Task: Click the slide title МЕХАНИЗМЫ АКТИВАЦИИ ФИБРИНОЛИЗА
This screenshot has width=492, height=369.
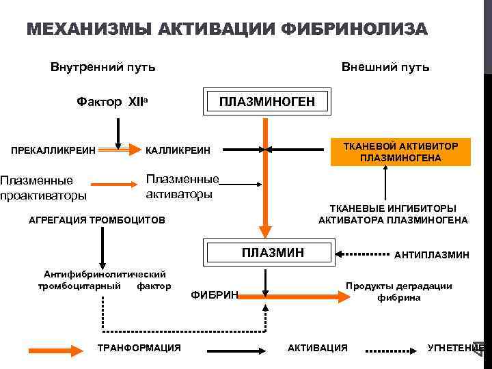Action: pyautogui.click(x=226, y=29)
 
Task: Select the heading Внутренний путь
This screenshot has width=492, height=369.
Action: pyautogui.click(x=102, y=67)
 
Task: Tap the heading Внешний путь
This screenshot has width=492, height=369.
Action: pyautogui.click(x=385, y=67)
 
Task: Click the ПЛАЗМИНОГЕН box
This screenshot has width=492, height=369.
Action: pyautogui.click(x=266, y=102)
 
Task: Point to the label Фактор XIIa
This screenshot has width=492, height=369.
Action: pyautogui.click(x=113, y=102)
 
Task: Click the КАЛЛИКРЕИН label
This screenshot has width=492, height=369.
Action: pyautogui.click(x=179, y=150)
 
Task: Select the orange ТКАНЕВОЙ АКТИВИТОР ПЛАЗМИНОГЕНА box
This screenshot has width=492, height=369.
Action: pyautogui.click(x=400, y=152)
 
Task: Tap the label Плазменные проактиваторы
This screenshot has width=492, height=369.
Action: pyautogui.click(x=44, y=188)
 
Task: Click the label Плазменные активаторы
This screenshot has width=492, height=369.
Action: pyautogui.click(x=182, y=187)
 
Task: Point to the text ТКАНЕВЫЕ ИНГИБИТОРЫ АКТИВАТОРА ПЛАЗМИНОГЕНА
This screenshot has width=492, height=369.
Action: pyautogui.click(x=393, y=214)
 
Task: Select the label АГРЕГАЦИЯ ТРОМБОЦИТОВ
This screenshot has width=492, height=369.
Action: pyautogui.click(x=96, y=221)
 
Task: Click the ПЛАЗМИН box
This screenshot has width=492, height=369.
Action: pyautogui.click(x=273, y=253)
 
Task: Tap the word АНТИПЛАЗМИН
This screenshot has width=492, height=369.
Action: pyautogui.click(x=431, y=254)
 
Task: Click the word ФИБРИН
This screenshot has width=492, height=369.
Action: pyautogui.click(x=214, y=295)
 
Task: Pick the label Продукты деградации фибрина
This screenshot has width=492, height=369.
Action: pyautogui.click(x=398, y=292)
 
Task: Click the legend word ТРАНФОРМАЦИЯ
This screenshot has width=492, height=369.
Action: pyautogui.click(x=139, y=348)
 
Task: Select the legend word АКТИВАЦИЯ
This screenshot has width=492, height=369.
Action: pyautogui.click(x=317, y=348)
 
